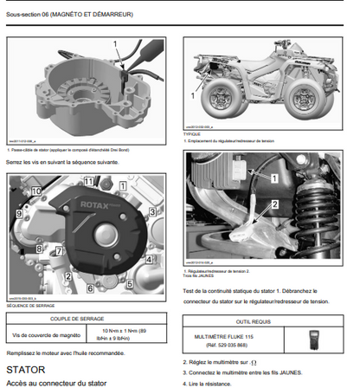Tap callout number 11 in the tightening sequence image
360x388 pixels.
(x=88, y=182)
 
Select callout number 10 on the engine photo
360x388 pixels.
(x=37, y=190)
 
